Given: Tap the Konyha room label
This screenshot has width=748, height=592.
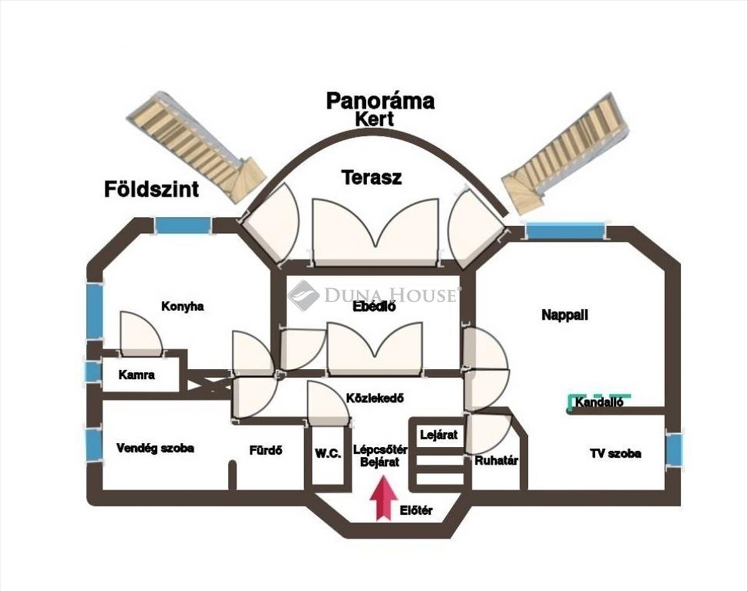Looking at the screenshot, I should pyautogui.click(x=183, y=307).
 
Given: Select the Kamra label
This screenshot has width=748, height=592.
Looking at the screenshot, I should pyautogui.click(x=136, y=375).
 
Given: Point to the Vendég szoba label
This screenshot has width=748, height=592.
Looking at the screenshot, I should pyautogui.click(x=155, y=448).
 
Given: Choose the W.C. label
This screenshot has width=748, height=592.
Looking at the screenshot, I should pyautogui.click(x=327, y=454).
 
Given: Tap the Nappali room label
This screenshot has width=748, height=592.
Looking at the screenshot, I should pyautogui.click(x=565, y=315).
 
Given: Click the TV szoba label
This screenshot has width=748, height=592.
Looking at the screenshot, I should pyautogui.click(x=615, y=453).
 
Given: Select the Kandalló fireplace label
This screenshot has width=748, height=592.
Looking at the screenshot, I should pyautogui.click(x=599, y=403).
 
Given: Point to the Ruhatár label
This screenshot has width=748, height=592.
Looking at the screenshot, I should pyautogui.click(x=497, y=461).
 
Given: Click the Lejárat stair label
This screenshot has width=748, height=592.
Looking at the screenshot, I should pyautogui.click(x=439, y=434).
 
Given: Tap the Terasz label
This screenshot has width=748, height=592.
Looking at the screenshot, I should pyautogui.click(x=372, y=178).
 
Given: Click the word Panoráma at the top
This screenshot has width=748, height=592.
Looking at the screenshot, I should pyautogui.click(x=380, y=101).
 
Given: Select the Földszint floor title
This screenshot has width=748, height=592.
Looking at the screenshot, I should pyautogui.click(x=152, y=188).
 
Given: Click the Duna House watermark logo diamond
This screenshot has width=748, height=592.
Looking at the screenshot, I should pyautogui.click(x=304, y=295).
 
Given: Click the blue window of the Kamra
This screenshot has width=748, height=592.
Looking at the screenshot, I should pyautogui.click(x=93, y=371).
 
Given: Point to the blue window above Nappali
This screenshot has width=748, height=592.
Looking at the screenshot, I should pyautogui.click(x=565, y=231).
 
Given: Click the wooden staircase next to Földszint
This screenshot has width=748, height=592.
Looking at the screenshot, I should pyautogui.click(x=196, y=146).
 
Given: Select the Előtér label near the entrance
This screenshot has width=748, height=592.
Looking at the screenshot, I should pyautogui.click(x=416, y=512).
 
